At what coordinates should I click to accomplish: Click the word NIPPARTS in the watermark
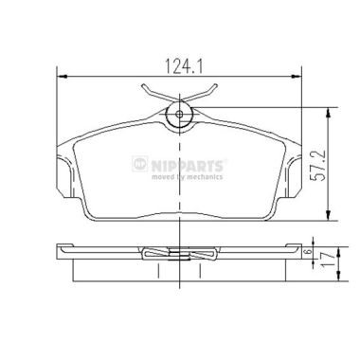[x=189, y=166]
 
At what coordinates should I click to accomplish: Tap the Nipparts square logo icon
[x=140, y=164]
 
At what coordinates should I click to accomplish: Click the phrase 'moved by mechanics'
[x=187, y=177]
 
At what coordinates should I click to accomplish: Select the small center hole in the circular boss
[x=179, y=115]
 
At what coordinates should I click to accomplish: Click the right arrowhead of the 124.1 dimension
[x=296, y=77]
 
